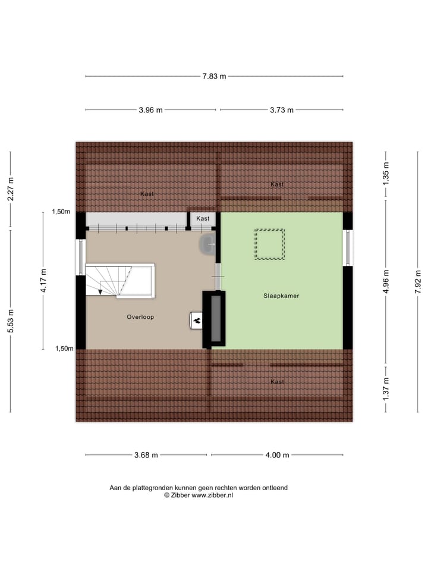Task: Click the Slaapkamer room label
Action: tap(281, 296)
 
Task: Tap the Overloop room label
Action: tap(140, 317)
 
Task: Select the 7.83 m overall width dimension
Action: tap(215, 76)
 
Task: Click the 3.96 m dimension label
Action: tap(150, 110)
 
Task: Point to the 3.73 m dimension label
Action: tap(282, 110)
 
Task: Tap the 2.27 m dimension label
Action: tap(10, 190)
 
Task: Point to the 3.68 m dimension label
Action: tap(146, 456)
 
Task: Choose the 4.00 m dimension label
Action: tap(277, 456)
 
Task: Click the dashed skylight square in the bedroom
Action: tap(269, 244)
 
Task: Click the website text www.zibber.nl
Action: tap(212, 495)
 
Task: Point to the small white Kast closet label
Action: tap(203, 219)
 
